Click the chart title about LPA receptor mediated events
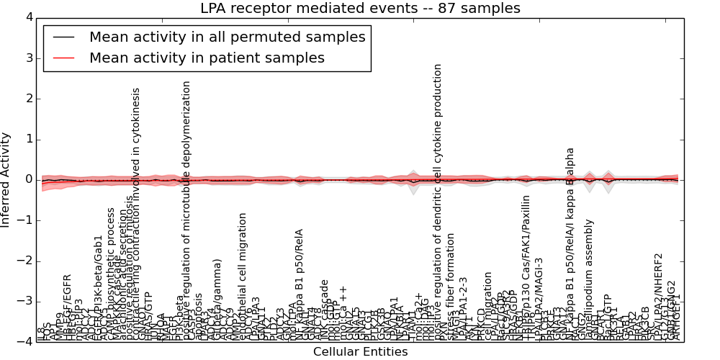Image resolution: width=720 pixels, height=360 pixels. [x=359, y=9]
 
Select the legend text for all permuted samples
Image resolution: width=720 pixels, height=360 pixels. [x=227, y=37]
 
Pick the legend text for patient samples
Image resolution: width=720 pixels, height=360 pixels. [x=207, y=58]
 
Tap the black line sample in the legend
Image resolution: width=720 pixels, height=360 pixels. [x=63, y=37]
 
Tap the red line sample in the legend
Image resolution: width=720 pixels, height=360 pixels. [x=63, y=58]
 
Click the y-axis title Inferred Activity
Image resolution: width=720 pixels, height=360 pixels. [x=6, y=180]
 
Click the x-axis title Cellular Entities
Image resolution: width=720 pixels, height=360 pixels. [x=360, y=352]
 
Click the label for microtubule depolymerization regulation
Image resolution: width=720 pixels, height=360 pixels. [x=186, y=209]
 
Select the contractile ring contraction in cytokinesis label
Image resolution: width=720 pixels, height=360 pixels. [x=136, y=216]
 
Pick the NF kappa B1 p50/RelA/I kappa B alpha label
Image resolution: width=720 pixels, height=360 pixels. [x=570, y=245]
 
